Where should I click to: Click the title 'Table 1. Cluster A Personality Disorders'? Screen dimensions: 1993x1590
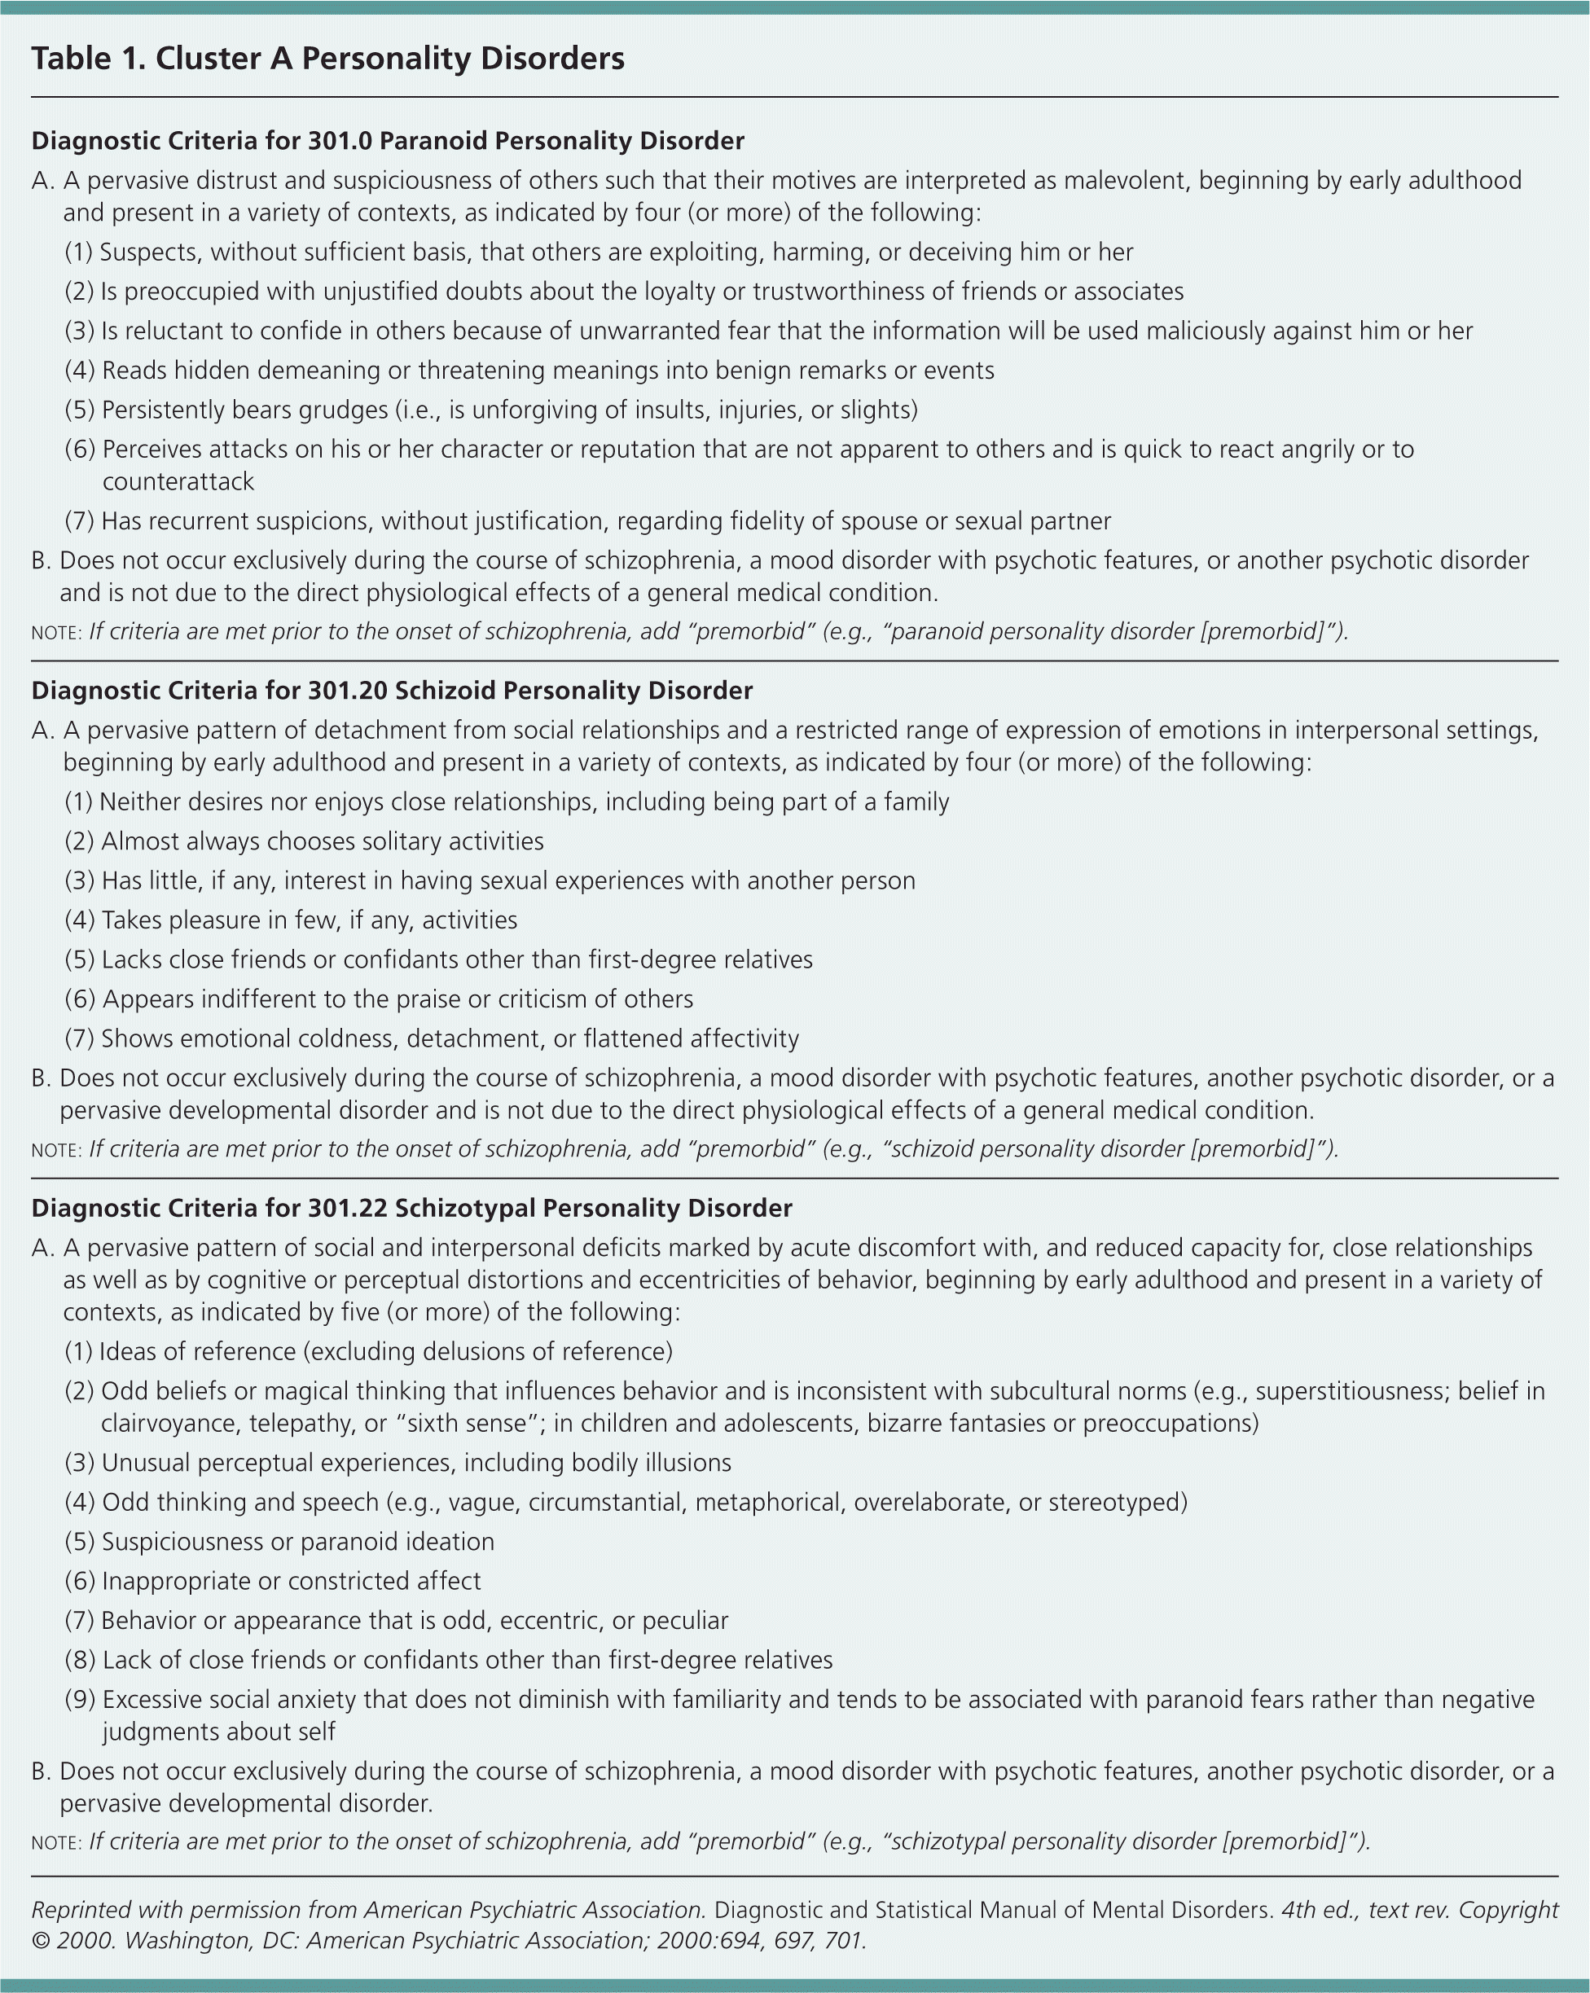(328, 59)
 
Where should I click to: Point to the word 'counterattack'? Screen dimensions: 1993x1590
(178, 481)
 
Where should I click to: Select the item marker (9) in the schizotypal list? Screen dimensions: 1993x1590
(81, 1700)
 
